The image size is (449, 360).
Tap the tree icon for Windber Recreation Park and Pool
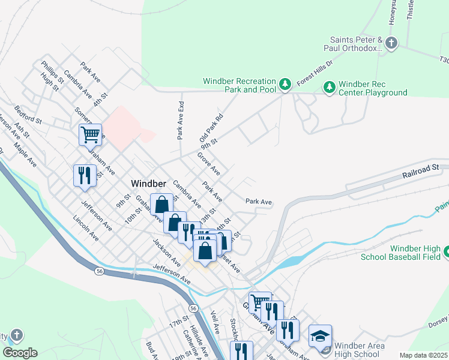point(286,85)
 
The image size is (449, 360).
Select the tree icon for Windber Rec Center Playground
point(329,88)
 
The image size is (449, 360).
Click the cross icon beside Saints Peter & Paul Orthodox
point(391,43)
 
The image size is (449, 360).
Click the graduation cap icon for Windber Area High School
point(320,336)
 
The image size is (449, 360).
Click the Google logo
point(20,353)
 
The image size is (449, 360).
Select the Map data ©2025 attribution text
point(423,355)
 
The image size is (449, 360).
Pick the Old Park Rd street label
point(211,128)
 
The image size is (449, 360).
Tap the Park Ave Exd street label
point(180,120)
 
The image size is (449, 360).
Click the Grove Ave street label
point(208,163)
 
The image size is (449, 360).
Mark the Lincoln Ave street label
point(86,229)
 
